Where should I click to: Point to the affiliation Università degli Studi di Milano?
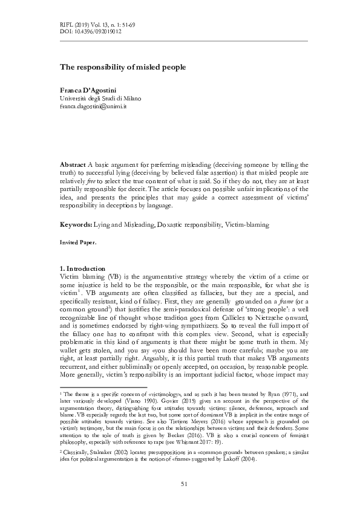point(100,98)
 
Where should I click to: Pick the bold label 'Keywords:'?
point(76,224)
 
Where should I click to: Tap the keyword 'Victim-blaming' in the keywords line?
point(247,224)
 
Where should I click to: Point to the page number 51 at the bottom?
point(183,483)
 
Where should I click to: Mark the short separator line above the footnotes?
point(103,387)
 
